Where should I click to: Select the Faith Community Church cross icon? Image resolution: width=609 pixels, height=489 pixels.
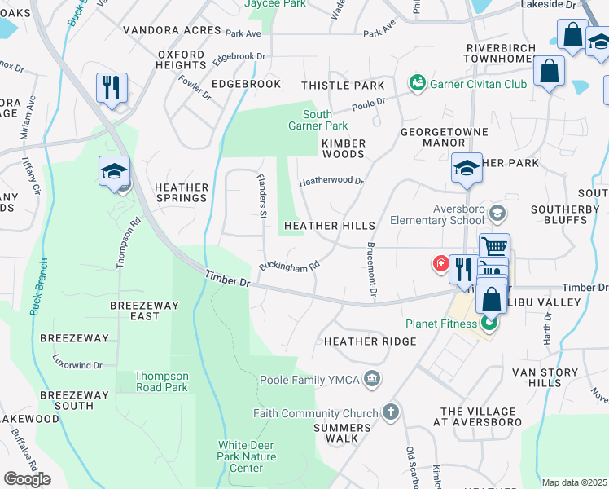(x=390, y=412)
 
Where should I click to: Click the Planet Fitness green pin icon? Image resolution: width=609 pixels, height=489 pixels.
(x=489, y=324)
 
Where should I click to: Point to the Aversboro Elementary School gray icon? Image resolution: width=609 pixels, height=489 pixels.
(x=498, y=213)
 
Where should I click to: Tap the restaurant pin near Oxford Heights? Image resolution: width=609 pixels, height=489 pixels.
(x=112, y=87)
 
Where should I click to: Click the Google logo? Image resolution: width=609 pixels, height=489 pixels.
(x=27, y=478)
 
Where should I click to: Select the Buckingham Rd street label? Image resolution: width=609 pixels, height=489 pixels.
(x=288, y=265)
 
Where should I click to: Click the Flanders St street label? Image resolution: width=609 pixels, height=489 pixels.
(x=262, y=195)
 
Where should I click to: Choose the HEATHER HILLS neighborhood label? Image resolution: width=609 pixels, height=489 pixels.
(x=329, y=226)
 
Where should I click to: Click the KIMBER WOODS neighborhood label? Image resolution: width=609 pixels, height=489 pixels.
(x=344, y=148)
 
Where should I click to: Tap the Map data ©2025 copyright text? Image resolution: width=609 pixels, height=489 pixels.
(x=574, y=482)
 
